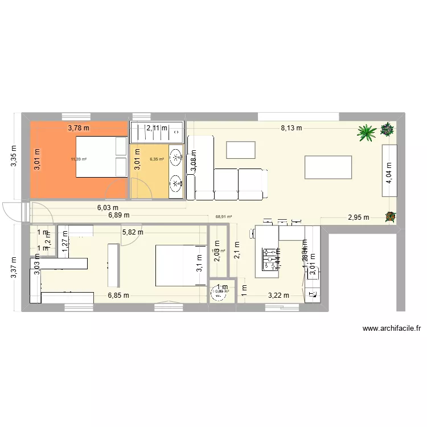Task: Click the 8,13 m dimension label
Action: (x=291, y=128)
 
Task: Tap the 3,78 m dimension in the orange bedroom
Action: (x=79, y=128)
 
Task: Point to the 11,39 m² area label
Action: (x=79, y=159)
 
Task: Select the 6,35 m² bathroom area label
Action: (x=157, y=159)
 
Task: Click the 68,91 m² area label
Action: (x=224, y=216)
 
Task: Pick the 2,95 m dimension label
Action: (x=359, y=217)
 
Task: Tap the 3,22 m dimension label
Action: (x=279, y=295)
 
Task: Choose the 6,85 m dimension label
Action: (x=119, y=295)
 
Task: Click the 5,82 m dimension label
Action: (x=132, y=232)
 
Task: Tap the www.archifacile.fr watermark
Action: (x=391, y=329)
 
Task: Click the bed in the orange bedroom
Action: (x=101, y=157)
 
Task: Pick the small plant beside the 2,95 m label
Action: (x=390, y=216)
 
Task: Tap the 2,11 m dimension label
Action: (x=157, y=128)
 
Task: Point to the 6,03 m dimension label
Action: (x=107, y=208)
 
